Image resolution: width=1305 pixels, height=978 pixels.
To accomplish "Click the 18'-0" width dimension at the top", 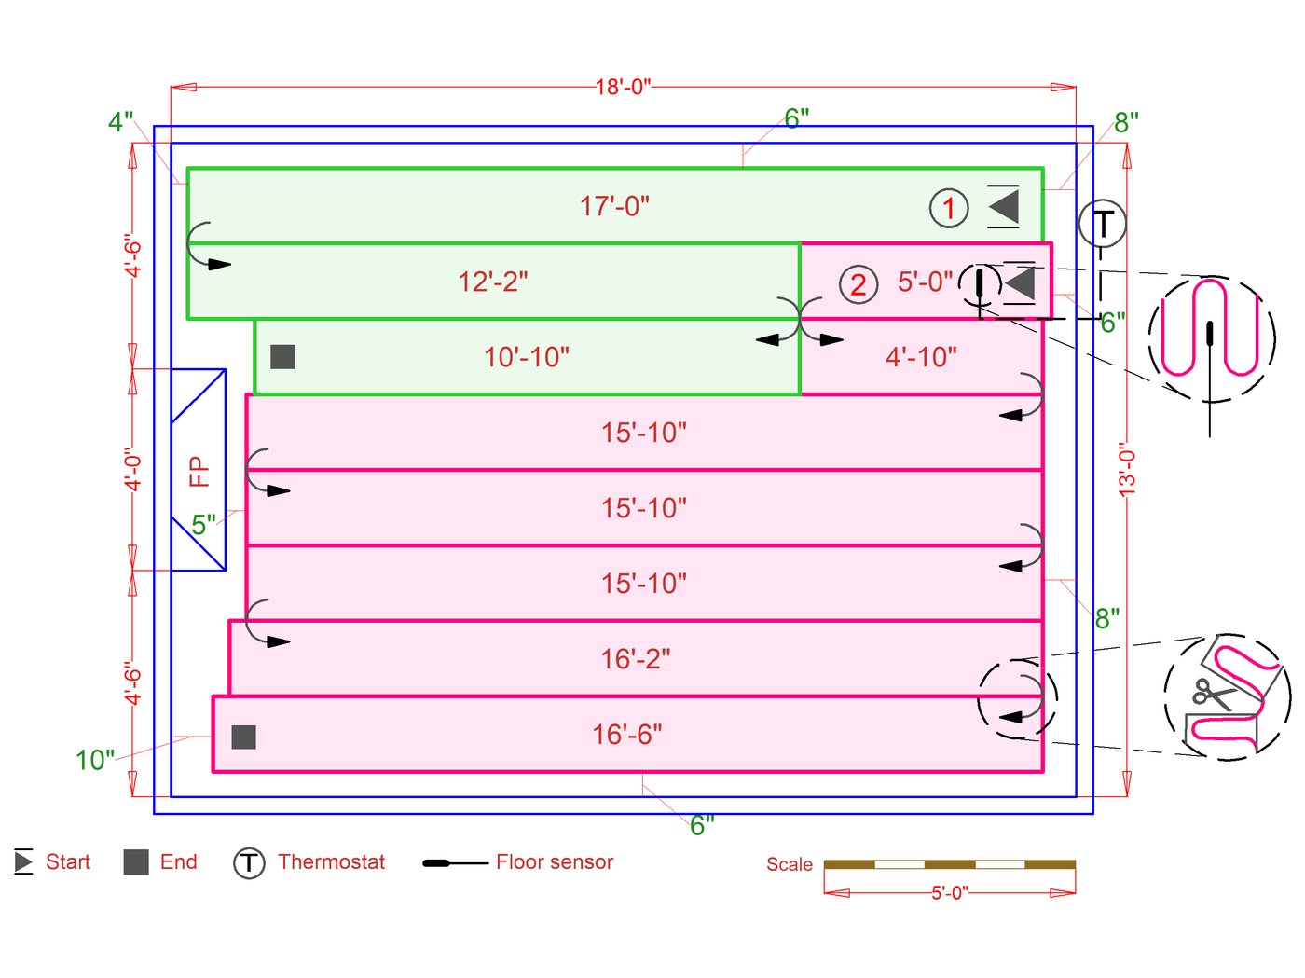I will (x=623, y=87).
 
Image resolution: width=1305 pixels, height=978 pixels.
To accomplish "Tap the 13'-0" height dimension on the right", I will (x=1127, y=469).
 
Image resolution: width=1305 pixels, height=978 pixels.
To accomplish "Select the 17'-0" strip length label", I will (x=614, y=206).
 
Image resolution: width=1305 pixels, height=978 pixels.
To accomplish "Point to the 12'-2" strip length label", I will (x=492, y=282).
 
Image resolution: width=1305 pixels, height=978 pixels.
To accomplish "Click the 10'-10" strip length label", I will (x=526, y=357).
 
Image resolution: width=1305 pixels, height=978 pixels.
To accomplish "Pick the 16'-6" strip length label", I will (x=627, y=735).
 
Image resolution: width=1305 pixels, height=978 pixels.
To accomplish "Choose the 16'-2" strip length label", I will (x=635, y=659).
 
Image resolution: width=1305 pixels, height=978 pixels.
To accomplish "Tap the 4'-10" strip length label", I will (x=921, y=357).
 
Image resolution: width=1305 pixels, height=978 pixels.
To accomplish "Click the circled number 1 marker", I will (x=949, y=208).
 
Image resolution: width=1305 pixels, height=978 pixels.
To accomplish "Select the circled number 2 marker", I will (x=859, y=284).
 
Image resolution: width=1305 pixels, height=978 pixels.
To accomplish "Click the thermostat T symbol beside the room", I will (x=1102, y=224).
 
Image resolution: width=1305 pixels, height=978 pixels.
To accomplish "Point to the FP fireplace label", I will (x=199, y=471).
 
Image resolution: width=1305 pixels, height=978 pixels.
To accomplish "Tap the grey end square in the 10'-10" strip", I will (x=282, y=356).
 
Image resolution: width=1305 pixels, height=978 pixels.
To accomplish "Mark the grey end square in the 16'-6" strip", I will (x=243, y=737).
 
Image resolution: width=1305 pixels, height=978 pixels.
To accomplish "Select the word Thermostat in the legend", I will (x=331, y=862).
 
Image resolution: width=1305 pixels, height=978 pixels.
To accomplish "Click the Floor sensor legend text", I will (x=555, y=862).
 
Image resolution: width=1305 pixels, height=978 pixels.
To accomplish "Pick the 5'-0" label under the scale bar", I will (x=949, y=893).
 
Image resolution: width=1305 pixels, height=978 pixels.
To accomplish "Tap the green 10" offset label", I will (x=94, y=760).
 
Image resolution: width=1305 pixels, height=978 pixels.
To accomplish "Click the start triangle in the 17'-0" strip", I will (x=1004, y=206).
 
